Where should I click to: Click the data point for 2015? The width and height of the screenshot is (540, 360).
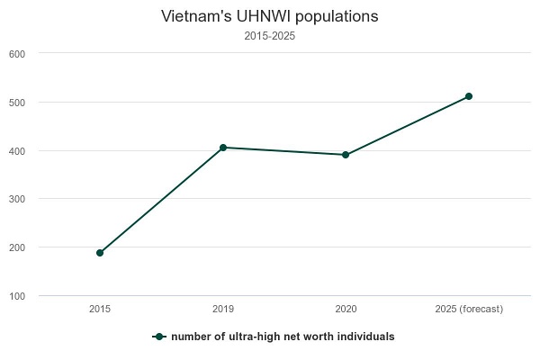[100, 253]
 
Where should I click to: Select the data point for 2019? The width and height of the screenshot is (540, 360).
[223, 148]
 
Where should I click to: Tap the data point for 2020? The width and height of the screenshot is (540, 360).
[346, 155]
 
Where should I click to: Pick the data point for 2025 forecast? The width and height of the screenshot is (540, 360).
[469, 96]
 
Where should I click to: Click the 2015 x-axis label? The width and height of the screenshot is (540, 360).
[100, 310]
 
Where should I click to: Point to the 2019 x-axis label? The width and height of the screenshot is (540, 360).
[223, 310]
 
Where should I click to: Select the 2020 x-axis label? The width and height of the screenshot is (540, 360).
[346, 310]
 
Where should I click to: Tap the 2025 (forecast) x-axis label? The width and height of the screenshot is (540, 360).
[469, 310]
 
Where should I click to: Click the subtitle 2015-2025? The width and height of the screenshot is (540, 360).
[270, 37]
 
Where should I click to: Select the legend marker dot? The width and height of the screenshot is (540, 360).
[159, 337]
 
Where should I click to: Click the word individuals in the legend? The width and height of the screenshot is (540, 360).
[367, 337]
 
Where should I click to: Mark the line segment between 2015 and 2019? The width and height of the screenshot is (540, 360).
[162, 200]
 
